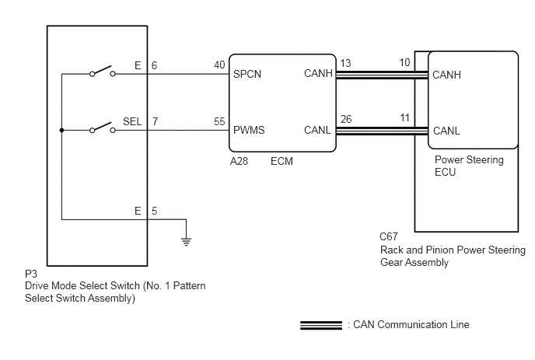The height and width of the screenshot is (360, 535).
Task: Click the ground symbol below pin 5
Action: coord(187,242)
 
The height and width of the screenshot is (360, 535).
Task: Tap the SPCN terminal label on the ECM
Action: coord(247,74)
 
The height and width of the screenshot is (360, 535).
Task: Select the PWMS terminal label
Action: coord(249,130)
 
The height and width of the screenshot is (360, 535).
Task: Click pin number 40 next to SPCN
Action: coord(219,65)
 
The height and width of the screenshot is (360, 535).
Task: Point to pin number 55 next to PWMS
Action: coord(219,121)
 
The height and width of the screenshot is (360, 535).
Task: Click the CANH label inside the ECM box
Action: coord(318,73)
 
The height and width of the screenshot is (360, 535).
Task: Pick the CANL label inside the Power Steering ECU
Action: coord(446,131)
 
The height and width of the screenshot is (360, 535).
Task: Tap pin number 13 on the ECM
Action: coord(345,63)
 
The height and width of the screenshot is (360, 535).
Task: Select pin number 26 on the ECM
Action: coord(346,119)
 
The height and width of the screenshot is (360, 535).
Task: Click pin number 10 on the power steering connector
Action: coord(404,62)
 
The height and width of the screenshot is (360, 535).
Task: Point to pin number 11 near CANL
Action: coord(404,117)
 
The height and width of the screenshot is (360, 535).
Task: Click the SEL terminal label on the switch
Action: coord(132,121)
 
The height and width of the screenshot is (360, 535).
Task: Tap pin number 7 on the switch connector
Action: coord(155,121)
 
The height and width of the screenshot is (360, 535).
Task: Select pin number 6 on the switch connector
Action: coord(154,65)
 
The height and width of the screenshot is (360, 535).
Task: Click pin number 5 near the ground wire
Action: coord(154,211)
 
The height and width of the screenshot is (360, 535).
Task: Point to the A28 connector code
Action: coord(239,161)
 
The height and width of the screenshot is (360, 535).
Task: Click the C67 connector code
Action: coord(389,236)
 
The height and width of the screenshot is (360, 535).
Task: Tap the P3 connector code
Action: coord(31,274)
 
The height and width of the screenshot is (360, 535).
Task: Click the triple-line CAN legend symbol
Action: coord(321,325)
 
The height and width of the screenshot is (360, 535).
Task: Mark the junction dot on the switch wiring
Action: coord(61,131)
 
